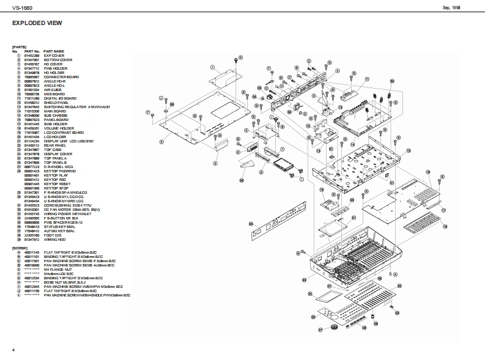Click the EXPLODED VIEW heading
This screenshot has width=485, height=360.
point(37,23)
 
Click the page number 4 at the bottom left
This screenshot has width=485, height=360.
point(13,349)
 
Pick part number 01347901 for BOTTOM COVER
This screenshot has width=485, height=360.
point(32,59)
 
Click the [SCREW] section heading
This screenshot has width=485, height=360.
point(20,247)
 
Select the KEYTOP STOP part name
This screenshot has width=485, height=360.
point(56,188)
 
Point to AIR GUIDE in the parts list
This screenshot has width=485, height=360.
point(52,89)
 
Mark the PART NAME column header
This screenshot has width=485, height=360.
point(54,51)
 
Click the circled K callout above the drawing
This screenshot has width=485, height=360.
point(240,57)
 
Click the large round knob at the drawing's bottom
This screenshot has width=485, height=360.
point(334,328)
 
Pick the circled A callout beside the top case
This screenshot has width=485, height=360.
point(394,274)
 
